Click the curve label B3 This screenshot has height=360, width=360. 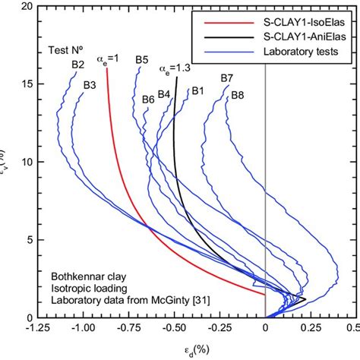[x=90, y=84]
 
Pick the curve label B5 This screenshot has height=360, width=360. [x=142, y=59]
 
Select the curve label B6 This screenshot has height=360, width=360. [x=148, y=99]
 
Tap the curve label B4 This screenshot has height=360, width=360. [x=164, y=94]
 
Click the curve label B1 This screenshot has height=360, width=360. [x=198, y=90]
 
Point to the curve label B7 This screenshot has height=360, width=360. [x=227, y=78]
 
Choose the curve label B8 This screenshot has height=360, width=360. [x=238, y=95]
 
